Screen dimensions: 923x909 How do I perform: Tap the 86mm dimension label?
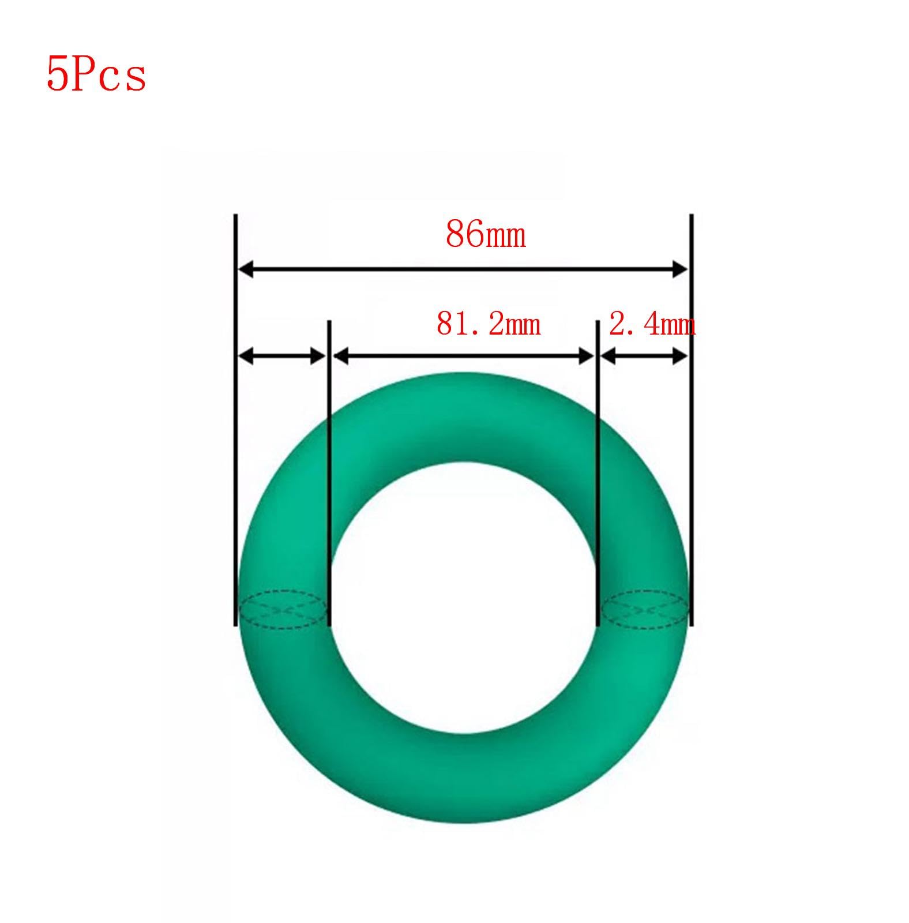pyautogui.click(x=486, y=234)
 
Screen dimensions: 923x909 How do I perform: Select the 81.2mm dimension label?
pyautogui.click(x=488, y=324)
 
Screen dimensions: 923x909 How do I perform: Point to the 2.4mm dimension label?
pyautogui.click(x=652, y=325)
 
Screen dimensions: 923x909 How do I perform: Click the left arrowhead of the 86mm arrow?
pyautogui.click(x=246, y=269)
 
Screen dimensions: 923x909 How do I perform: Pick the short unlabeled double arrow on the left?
pyautogui.click(x=281, y=357)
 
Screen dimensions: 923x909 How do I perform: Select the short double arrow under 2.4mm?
pyautogui.click(x=644, y=357)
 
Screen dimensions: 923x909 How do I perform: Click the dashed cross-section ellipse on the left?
pyautogui.click(x=282, y=609)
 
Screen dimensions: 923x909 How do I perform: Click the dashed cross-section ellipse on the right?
pyautogui.click(x=645, y=609)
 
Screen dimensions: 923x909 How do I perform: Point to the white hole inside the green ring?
pyautogui.click(x=463, y=606)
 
